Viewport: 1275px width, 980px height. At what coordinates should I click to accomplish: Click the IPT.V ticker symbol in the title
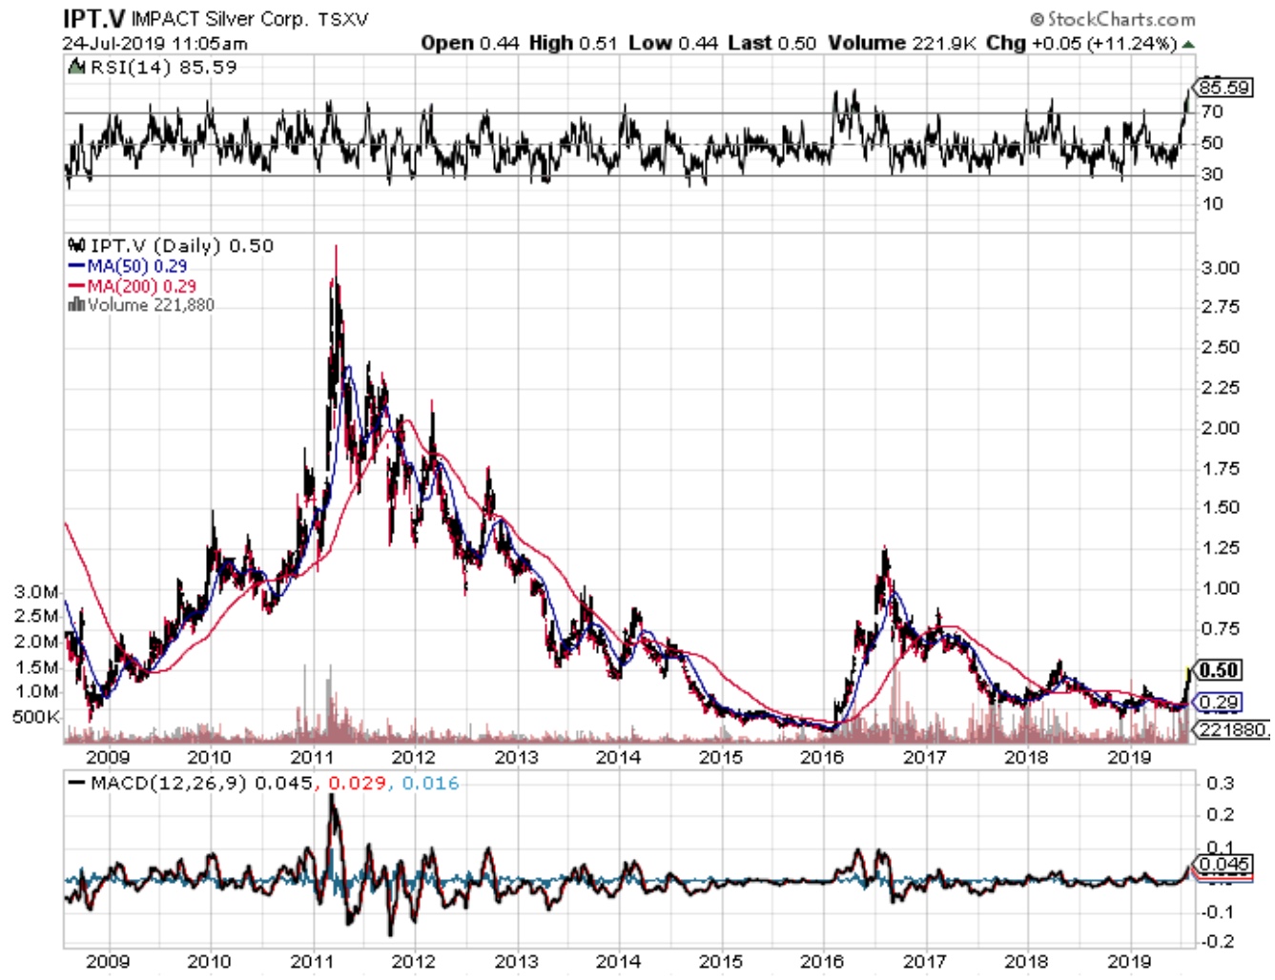pyautogui.click(x=93, y=18)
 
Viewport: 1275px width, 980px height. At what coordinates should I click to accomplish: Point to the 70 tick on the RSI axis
pyautogui.click(x=1211, y=112)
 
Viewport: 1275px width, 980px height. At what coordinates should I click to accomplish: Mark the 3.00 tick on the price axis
pyautogui.click(x=1220, y=268)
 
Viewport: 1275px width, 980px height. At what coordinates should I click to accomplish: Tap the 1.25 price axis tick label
pyautogui.click(x=1220, y=548)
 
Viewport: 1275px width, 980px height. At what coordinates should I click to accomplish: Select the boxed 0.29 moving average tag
pyautogui.click(x=1219, y=703)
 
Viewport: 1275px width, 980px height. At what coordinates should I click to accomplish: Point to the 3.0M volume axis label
pyautogui.click(x=36, y=592)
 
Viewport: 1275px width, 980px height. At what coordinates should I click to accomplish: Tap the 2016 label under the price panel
pyautogui.click(x=822, y=757)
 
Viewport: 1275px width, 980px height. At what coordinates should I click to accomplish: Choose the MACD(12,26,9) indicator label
pyautogui.click(x=168, y=784)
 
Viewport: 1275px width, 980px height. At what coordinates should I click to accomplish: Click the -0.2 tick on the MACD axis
pyautogui.click(x=1220, y=942)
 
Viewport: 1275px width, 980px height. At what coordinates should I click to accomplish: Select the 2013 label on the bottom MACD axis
pyautogui.click(x=516, y=961)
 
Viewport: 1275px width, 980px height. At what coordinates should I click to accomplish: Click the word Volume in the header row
pyautogui.click(x=866, y=43)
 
